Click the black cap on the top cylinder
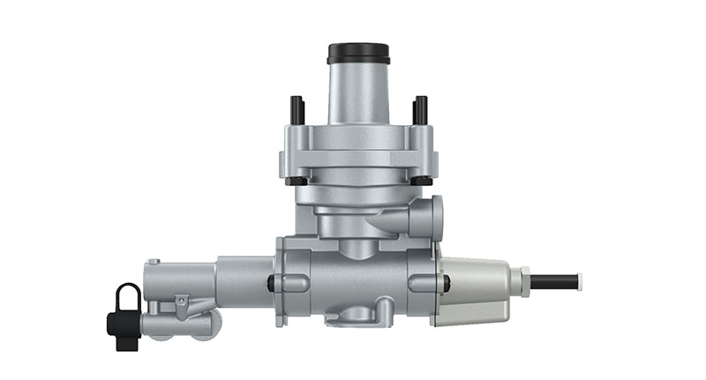point(358,53)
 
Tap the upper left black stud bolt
point(297,109)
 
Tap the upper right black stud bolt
point(420,109)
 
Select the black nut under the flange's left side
point(297,182)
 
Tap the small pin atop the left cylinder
point(154,261)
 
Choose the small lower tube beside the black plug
point(176,324)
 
